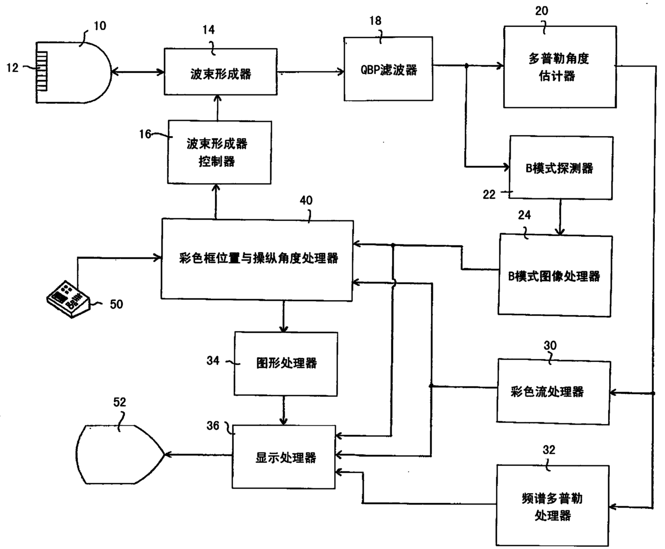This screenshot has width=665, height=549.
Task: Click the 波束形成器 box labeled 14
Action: (x=220, y=74)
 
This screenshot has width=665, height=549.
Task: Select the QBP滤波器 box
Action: (x=388, y=69)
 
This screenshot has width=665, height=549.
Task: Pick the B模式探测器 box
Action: (x=560, y=168)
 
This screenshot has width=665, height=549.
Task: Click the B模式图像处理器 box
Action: (x=555, y=276)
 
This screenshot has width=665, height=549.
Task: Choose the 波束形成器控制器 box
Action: (x=219, y=152)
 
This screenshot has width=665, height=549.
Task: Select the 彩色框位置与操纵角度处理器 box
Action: (x=258, y=259)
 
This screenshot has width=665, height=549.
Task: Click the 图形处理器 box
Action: (x=286, y=363)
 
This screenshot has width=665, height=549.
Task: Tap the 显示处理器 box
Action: (x=284, y=457)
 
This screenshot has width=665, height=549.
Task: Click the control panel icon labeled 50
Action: (x=67, y=298)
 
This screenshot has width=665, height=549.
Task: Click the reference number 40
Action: (x=306, y=201)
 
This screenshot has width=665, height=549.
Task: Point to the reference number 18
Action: (x=375, y=21)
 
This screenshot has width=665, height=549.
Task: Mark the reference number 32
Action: (x=549, y=450)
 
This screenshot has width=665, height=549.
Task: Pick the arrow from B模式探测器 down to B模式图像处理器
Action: (x=560, y=217)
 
